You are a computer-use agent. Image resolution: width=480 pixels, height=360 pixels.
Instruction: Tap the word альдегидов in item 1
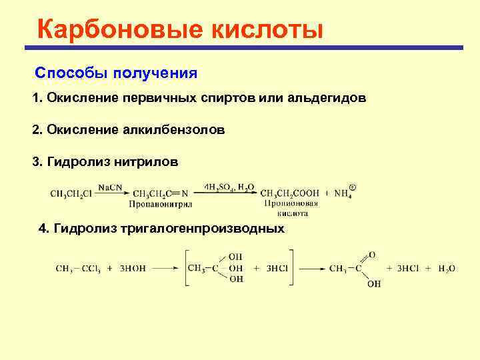[x=327, y=98]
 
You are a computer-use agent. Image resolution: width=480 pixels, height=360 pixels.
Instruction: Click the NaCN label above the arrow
[x=107, y=188]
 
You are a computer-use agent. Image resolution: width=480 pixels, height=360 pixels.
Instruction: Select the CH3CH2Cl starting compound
[x=71, y=194]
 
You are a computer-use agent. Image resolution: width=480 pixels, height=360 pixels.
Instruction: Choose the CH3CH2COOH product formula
[x=289, y=193]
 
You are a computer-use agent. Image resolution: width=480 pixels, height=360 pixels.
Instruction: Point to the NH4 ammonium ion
[x=343, y=193]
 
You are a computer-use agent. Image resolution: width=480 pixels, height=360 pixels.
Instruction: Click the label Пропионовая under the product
[x=289, y=203]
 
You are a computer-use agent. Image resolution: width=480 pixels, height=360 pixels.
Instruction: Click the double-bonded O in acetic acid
[x=372, y=254]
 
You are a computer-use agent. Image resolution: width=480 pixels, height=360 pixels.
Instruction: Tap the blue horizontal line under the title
[x=244, y=48]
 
